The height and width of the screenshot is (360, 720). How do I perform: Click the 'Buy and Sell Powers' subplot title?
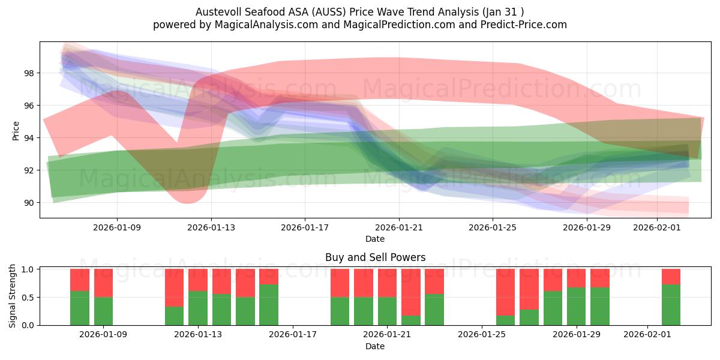(x=375, y=257)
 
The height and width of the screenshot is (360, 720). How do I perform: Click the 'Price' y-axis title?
(x=16, y=130)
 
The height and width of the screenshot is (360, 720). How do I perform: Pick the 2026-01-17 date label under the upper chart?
(x=305, y=227)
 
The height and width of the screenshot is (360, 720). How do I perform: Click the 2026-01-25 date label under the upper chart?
(x=493, y=227)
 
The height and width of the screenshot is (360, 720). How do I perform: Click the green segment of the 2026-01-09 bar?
(x=103, y=311)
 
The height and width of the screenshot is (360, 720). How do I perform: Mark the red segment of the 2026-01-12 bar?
(x=174, y=288)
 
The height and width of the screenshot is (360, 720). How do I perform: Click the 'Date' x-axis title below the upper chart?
(x=375, y=239)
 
